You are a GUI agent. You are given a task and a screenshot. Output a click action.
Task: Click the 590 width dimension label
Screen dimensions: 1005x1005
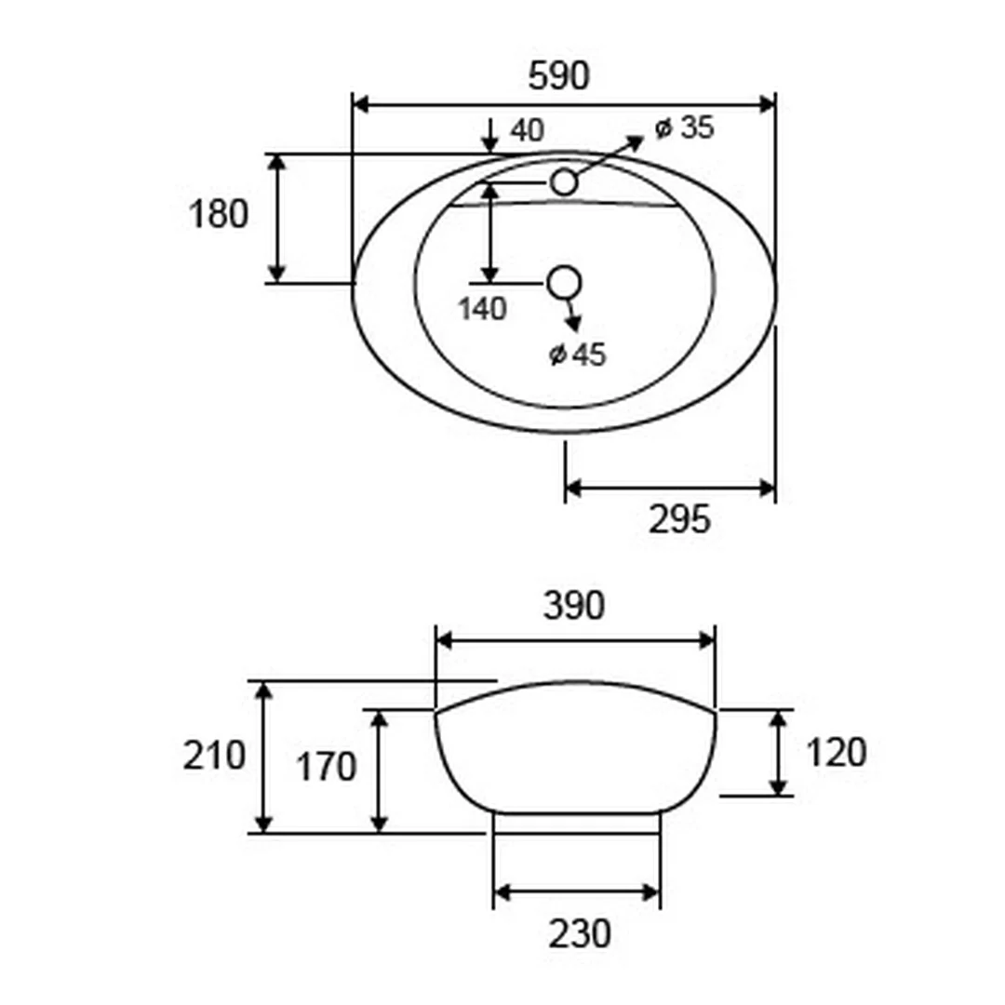tap(558, 75)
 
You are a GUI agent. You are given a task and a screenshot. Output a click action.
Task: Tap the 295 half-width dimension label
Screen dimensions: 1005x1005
tap(679, 519)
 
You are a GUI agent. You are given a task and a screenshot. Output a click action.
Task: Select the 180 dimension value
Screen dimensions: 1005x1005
tap(218, 214)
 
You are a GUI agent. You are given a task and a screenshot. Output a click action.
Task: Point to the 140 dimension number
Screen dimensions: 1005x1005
tap(482, 309)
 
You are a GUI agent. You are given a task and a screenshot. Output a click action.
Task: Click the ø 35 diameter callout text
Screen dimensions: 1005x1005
tap(684, 127)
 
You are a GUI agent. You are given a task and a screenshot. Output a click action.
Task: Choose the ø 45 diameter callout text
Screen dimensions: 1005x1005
tap(578, 355)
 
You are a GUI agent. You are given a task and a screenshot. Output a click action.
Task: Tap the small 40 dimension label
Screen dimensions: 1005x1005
tap(527, 130)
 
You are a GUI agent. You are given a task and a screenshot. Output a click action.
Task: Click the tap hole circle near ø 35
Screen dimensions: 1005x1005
tap(564, 182)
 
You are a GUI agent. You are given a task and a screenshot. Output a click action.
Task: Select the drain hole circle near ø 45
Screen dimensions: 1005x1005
tap(565, 282)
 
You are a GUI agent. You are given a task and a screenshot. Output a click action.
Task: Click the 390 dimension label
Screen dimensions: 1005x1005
tap(573, 606)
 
